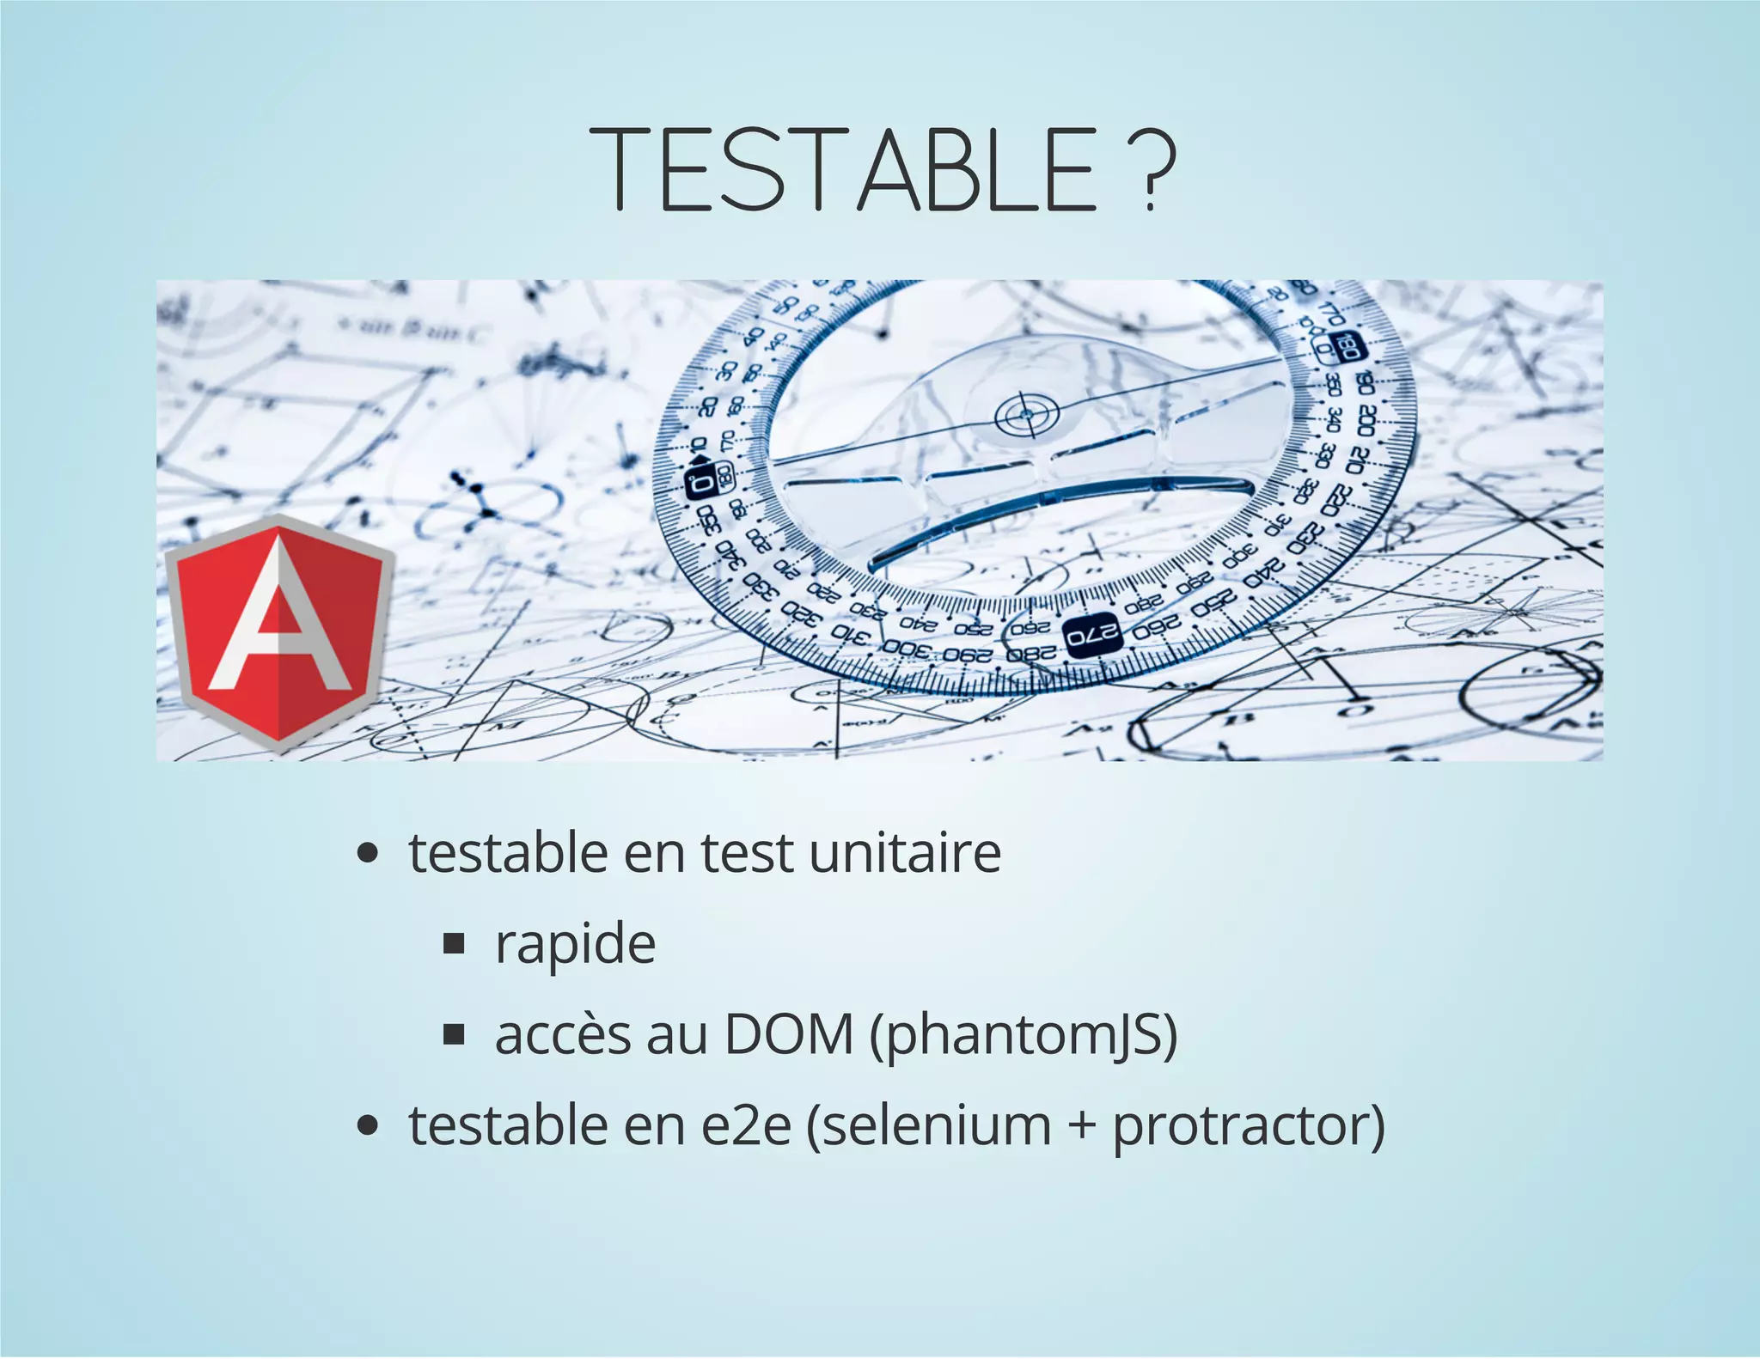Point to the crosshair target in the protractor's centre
pos(1024,417)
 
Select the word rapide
pos(575,944)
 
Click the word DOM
pos(788,1035)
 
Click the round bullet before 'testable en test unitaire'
pos(368,854)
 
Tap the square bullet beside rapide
pos(454,945)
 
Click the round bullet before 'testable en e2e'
pos(368,1126)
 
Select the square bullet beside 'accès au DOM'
pos(454,1035)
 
